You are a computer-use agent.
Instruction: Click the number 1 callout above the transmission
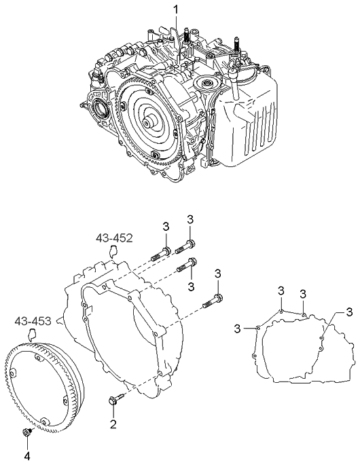tap(175, 10)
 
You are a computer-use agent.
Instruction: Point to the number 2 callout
tap(113, 424)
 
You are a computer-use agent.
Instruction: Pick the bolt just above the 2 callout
tap(115, 401)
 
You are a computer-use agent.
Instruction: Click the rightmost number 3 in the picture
tap(348, 312)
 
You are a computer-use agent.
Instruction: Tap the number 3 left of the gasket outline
tap(238, 329)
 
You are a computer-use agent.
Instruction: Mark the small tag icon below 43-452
tap(113, 250)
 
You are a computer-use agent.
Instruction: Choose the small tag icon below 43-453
tap(31, 334)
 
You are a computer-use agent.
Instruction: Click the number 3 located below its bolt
tap(192, 286)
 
